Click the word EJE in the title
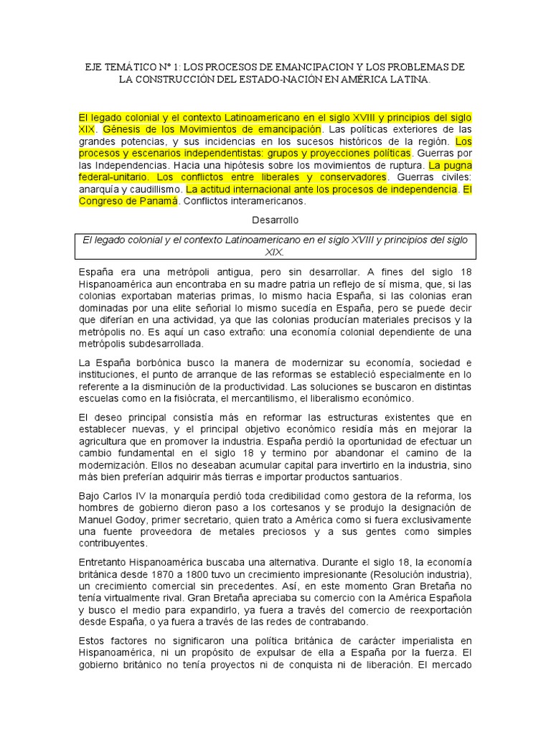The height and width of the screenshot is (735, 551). pyautogui.click(x=95, y=67)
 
